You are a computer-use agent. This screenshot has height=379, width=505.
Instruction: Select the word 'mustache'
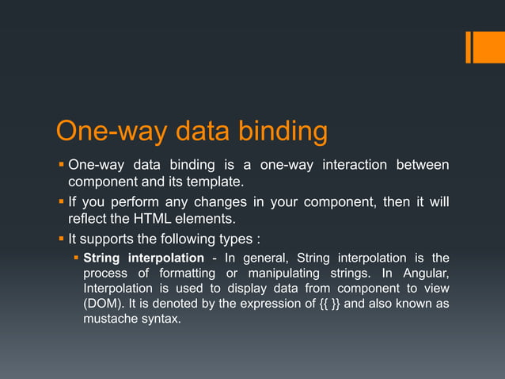(x=109, y=320)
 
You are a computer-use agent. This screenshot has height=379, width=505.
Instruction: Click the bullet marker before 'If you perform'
(x=60, y=201)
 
